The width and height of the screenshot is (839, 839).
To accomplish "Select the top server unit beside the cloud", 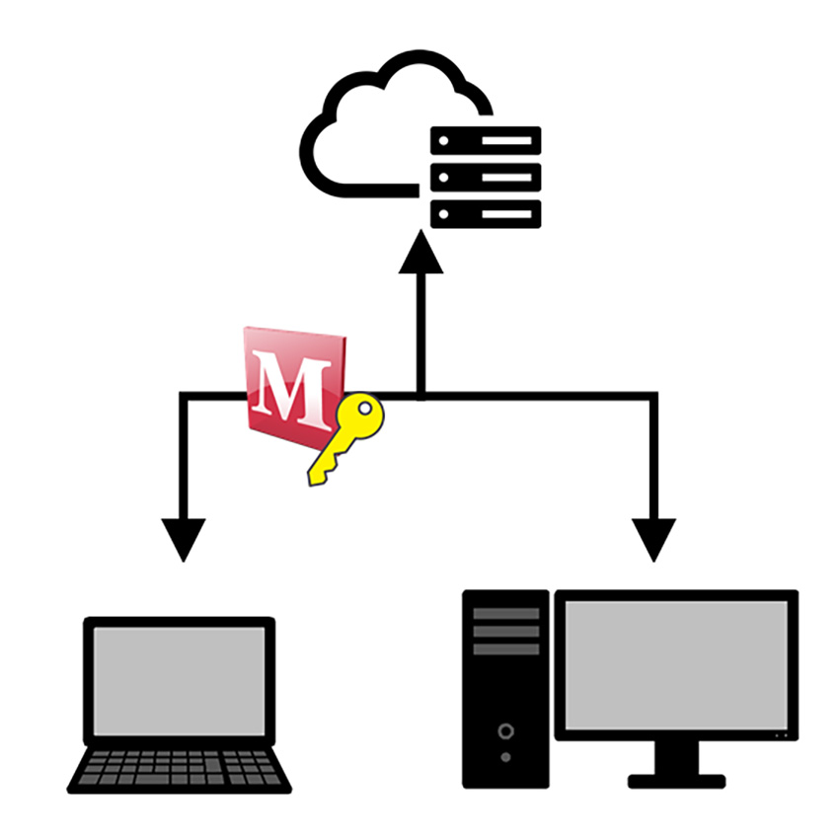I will click(486, 140).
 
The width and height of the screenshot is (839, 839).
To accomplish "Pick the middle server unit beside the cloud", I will click(486, 178).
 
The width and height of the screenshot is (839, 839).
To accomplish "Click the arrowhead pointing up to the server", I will click(420, 252).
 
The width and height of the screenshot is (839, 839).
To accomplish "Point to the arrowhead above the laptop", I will click(182, 539).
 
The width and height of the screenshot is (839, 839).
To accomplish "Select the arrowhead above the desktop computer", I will click(653, 539).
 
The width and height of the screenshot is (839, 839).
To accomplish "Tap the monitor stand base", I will click(677, 781).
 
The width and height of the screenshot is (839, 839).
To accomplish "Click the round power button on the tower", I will click(506, 731).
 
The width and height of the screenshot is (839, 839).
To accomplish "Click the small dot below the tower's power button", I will click(506, 758).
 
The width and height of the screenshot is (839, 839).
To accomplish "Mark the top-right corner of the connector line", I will click(653, 397).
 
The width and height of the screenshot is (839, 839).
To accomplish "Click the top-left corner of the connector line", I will click(183, 397).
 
